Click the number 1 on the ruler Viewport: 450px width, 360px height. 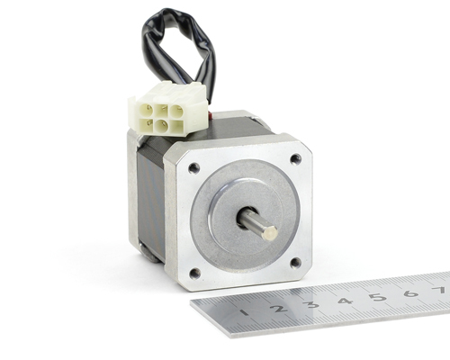(245, 313)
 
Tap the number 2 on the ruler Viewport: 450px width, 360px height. (279, 309)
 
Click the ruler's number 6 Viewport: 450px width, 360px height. (410, 293)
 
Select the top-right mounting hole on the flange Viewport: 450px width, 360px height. (296, 158)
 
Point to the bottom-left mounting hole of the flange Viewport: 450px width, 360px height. (195, 273)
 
